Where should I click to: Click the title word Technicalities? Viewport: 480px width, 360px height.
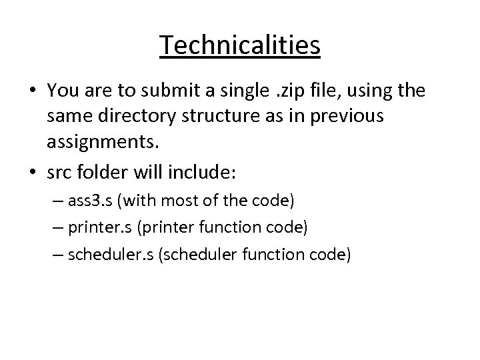[240, 45]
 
